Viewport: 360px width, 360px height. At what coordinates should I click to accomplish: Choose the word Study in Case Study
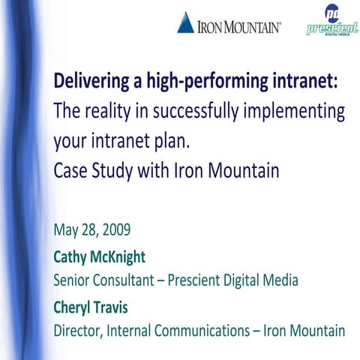(113, 170)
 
